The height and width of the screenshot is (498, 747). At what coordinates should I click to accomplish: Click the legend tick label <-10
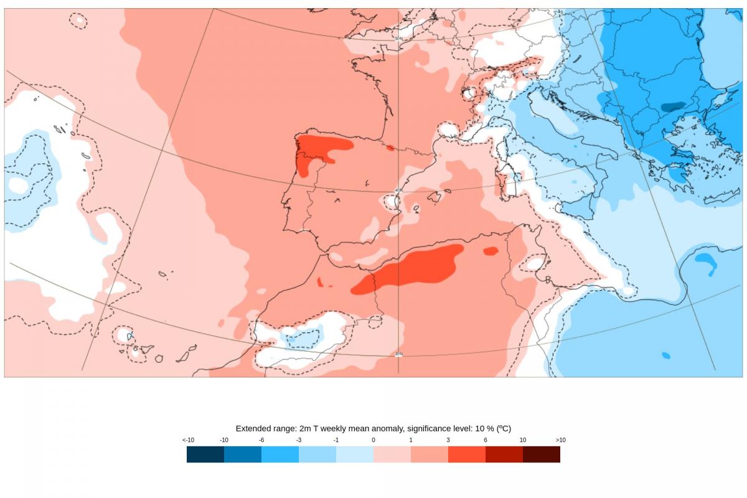click(x=188, y=440)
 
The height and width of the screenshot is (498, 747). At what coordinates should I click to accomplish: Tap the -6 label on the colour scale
click(x=261, y=440)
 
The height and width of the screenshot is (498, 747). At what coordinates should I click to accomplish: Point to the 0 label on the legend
click(x=374, y=440)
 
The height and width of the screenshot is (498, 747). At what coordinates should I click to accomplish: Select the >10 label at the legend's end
click(x=560, y=440)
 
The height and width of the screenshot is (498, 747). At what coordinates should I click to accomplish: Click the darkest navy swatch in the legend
click(x=205, y=454)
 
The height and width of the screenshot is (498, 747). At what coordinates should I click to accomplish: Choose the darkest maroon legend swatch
click(x=542, y=454)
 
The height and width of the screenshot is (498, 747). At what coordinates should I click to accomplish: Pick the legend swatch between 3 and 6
click(x=467, y=454)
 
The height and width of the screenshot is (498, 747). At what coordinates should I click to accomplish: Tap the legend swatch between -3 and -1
click(x=317, y=454)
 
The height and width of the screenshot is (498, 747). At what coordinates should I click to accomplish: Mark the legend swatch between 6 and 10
click(x=504, y=454)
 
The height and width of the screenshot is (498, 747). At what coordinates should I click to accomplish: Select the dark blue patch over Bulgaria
click(x=673, y=106)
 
